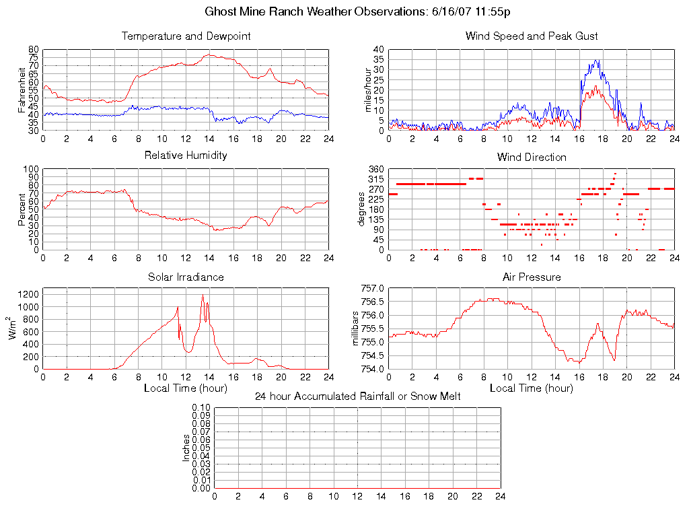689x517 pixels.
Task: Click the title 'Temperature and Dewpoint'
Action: [x=186, y=36]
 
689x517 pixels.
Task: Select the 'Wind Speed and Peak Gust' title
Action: [x=532, y=36]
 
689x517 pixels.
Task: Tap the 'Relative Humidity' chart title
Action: [x=186, y=156]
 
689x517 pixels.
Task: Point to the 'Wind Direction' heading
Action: [x=532, y=158]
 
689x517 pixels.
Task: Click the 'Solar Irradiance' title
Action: [x=186, y=277]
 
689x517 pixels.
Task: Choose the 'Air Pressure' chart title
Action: [x=532, y=277]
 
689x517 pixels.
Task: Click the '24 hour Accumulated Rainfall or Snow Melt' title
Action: [x=357, y=397]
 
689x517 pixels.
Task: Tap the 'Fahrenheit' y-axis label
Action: [x=22, y=90]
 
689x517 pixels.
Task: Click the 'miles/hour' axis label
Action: [x=369, y=90]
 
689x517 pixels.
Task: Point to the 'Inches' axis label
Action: [x=186, y=448]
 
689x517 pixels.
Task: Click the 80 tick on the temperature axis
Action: [x=34, y=50]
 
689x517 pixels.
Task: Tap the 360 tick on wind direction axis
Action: [x=376, y=169]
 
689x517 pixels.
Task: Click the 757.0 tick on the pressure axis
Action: [x=372, y=288]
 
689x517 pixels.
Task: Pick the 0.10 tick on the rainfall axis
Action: [x=201, y=408]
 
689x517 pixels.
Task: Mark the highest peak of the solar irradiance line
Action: [x=203, y=295]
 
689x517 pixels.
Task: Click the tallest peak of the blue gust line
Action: [x=596, y=60]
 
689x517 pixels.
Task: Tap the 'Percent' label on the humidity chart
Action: [x=22, y=209]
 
